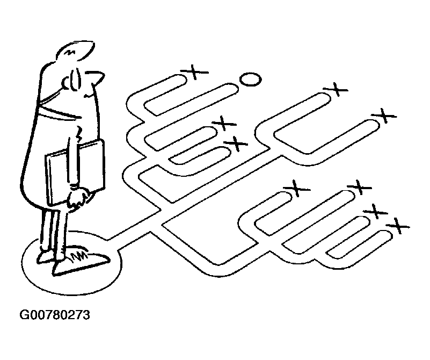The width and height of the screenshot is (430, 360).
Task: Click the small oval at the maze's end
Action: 250,80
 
